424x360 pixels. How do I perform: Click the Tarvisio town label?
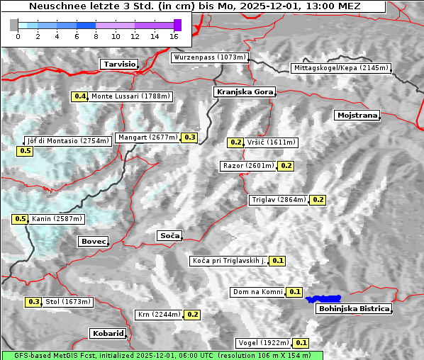(118, 64)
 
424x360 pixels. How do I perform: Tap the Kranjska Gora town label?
(243, 92)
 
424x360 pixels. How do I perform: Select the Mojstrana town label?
(357, 115)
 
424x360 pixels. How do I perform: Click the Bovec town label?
(93, 242)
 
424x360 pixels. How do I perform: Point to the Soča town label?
(169, 235)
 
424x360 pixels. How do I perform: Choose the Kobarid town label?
(108, 333)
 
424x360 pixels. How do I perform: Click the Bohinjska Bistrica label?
(354, 308)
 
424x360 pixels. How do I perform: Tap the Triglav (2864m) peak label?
(279, 200)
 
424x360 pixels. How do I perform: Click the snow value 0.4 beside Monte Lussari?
(80, 96)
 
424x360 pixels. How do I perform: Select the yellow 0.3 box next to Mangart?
(189, 137)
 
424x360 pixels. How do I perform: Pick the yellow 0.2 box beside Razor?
(286, 166)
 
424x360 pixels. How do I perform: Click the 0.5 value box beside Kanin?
(20, 219)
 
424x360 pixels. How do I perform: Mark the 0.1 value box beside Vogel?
(301, 343)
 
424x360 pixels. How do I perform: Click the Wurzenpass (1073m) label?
(210, 57)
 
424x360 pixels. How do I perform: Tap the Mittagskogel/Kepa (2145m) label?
(340, 68)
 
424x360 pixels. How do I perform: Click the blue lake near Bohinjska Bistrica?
(323, 299)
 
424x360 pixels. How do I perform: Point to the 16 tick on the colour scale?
(174, 35)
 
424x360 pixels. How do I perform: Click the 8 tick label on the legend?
(95, 35)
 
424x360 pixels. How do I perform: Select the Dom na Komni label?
(257, 292)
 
